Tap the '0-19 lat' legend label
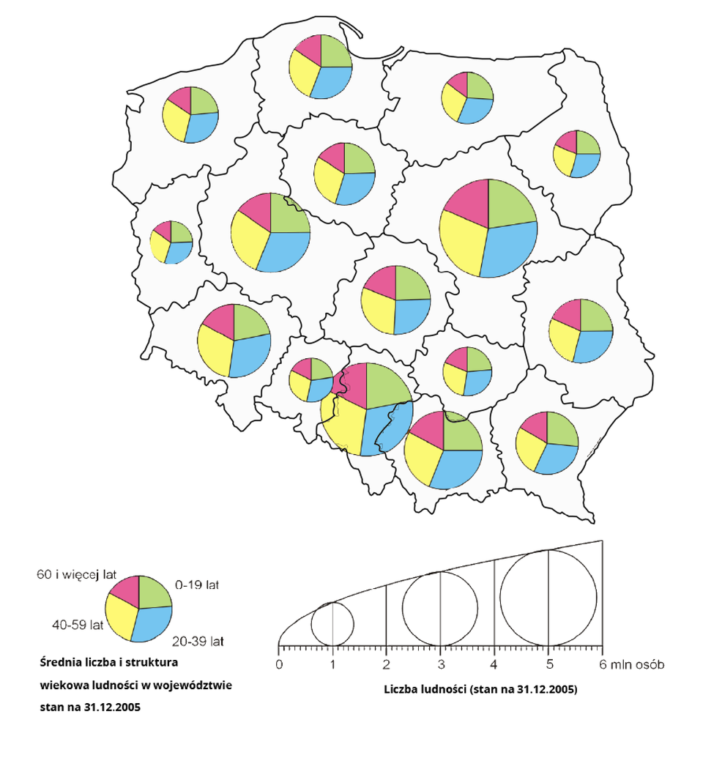197,585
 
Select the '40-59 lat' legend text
77,625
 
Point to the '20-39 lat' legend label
198,642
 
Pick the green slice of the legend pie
154,592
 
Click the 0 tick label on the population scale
279,665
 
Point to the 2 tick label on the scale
387,665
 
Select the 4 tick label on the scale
494,665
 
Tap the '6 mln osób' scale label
631,665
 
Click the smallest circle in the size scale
333,625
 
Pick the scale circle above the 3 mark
440,609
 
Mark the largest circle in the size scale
548,597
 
